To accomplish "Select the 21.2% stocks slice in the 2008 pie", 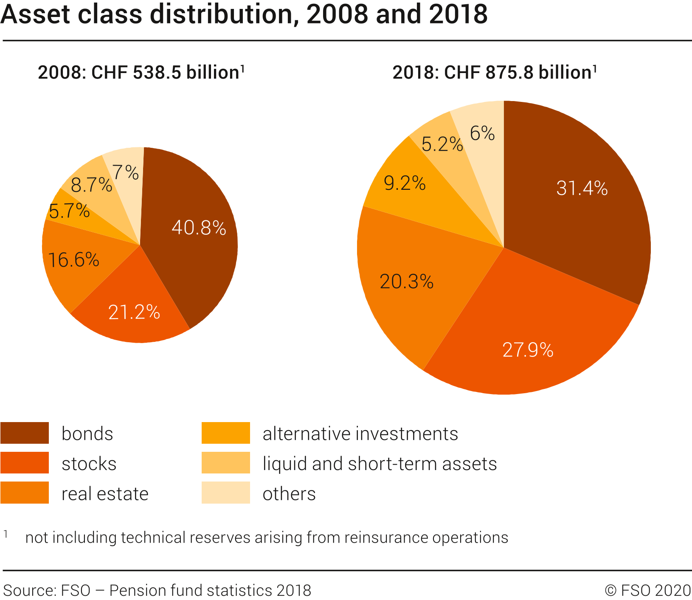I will pyautogui.click(x=134, y=313).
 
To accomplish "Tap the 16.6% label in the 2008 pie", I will pyautogui.click(x=74, y=260).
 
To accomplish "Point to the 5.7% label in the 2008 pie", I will pyautogui.click(x=69, y=211).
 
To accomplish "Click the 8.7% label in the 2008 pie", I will pyautogui.click(x=91, y=185).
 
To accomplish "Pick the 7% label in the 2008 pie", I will pyautogui.click(x=126, y=172).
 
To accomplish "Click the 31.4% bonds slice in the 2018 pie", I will pyautogui.click(x=582, y=188).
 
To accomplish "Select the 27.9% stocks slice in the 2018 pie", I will pyautogui.click(x=528, y=350).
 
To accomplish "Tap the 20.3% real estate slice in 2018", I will pyautogui.click(x=406, y=282).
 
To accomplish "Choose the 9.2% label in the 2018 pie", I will pyautogui.click(x=405, y=183).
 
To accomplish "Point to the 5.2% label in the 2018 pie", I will pyautogui.click(x=442, y=144).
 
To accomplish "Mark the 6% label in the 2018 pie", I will pyautogui.click(x=482, y=134).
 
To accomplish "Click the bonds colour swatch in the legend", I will pyautogui.click(x=25, y=433).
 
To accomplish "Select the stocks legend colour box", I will pyautogui.click(x=25, y=463).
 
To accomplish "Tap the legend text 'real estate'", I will pyautogui.click(x=105, y=494).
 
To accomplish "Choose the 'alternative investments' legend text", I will pyautogui.click(x=360, y=434).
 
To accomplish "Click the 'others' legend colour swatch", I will pyautogui.click(x=225, y=493).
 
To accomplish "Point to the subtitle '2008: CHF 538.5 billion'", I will pyautogui.click(x=141, y=73).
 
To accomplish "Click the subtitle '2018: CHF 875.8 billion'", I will pyautogui.click(x=495, y=73).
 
